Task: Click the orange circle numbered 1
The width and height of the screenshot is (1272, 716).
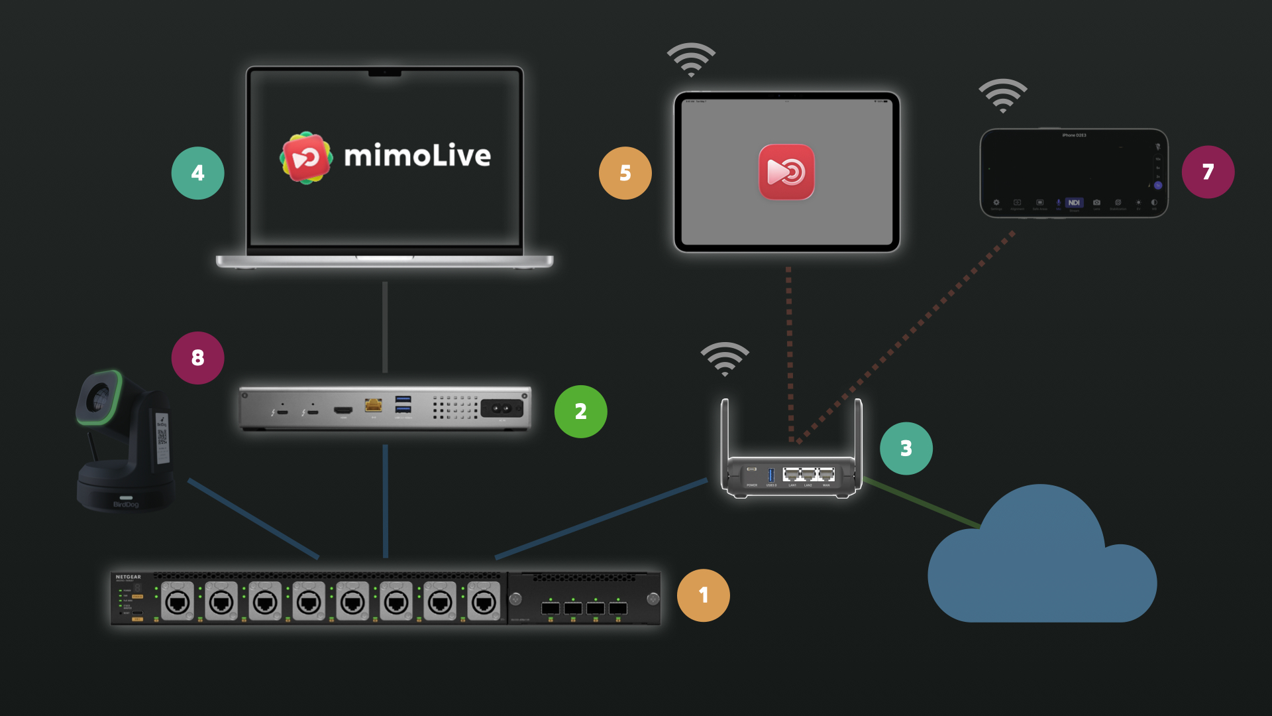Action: click(703, 595)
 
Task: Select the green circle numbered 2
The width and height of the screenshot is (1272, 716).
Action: click(580, 412)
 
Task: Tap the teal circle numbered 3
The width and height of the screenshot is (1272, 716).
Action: click(906, 449)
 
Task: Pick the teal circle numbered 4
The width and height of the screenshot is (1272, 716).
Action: click(197, 173)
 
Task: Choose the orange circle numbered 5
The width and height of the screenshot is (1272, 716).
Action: click(625, 173)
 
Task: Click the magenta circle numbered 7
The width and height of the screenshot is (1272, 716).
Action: click(1208, 172)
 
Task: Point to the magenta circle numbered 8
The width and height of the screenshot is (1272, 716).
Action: click(197, 358)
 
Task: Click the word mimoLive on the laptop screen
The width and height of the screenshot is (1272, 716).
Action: click(417, 156)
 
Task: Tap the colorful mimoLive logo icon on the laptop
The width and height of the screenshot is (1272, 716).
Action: click(305, 158)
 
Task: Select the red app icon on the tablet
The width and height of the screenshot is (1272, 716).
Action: click(786, 172)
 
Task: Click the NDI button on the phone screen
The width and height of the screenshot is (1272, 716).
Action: click(1074, 203)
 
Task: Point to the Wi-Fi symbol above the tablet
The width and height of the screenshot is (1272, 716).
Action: click(691, 60)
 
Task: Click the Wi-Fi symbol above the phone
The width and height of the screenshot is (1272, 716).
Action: click(1003, 95)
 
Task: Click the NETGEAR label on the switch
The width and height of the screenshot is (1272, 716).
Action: click(128, 577)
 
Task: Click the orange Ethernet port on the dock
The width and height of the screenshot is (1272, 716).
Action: click(374, 405)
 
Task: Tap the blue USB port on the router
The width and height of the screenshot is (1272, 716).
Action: click(770, 475)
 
